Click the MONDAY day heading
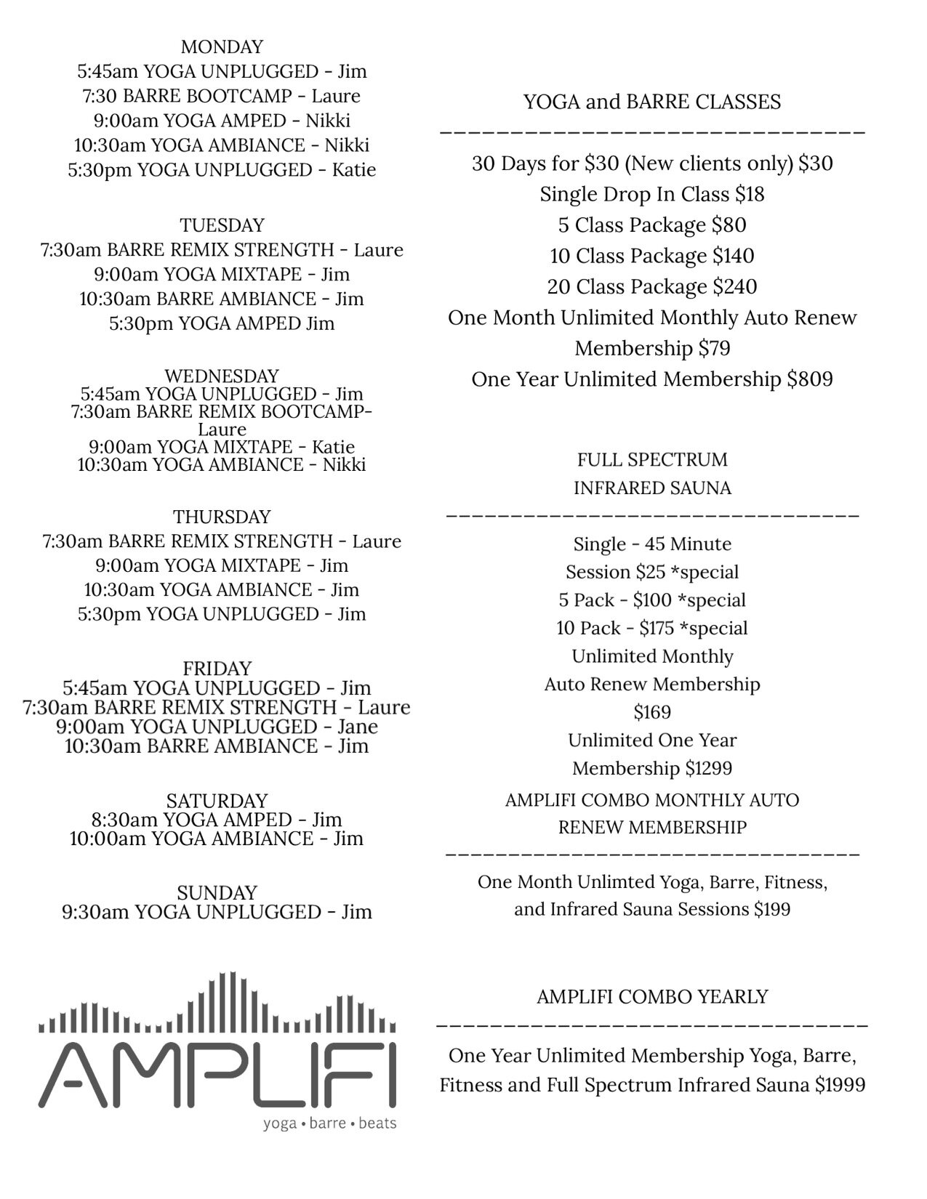[222, 47]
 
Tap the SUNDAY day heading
[217, 892]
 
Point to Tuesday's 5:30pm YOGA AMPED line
[222, 323]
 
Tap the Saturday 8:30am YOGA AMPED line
[217, 820]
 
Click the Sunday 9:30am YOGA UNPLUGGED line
[217, 912]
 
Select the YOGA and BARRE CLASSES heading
[652, 102]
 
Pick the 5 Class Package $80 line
[652, 225]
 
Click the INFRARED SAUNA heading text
[652, 488]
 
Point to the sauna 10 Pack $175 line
[652, 629]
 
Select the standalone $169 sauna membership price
[652, 712]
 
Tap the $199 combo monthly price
[772, 909]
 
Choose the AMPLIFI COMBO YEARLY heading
[652, 996]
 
